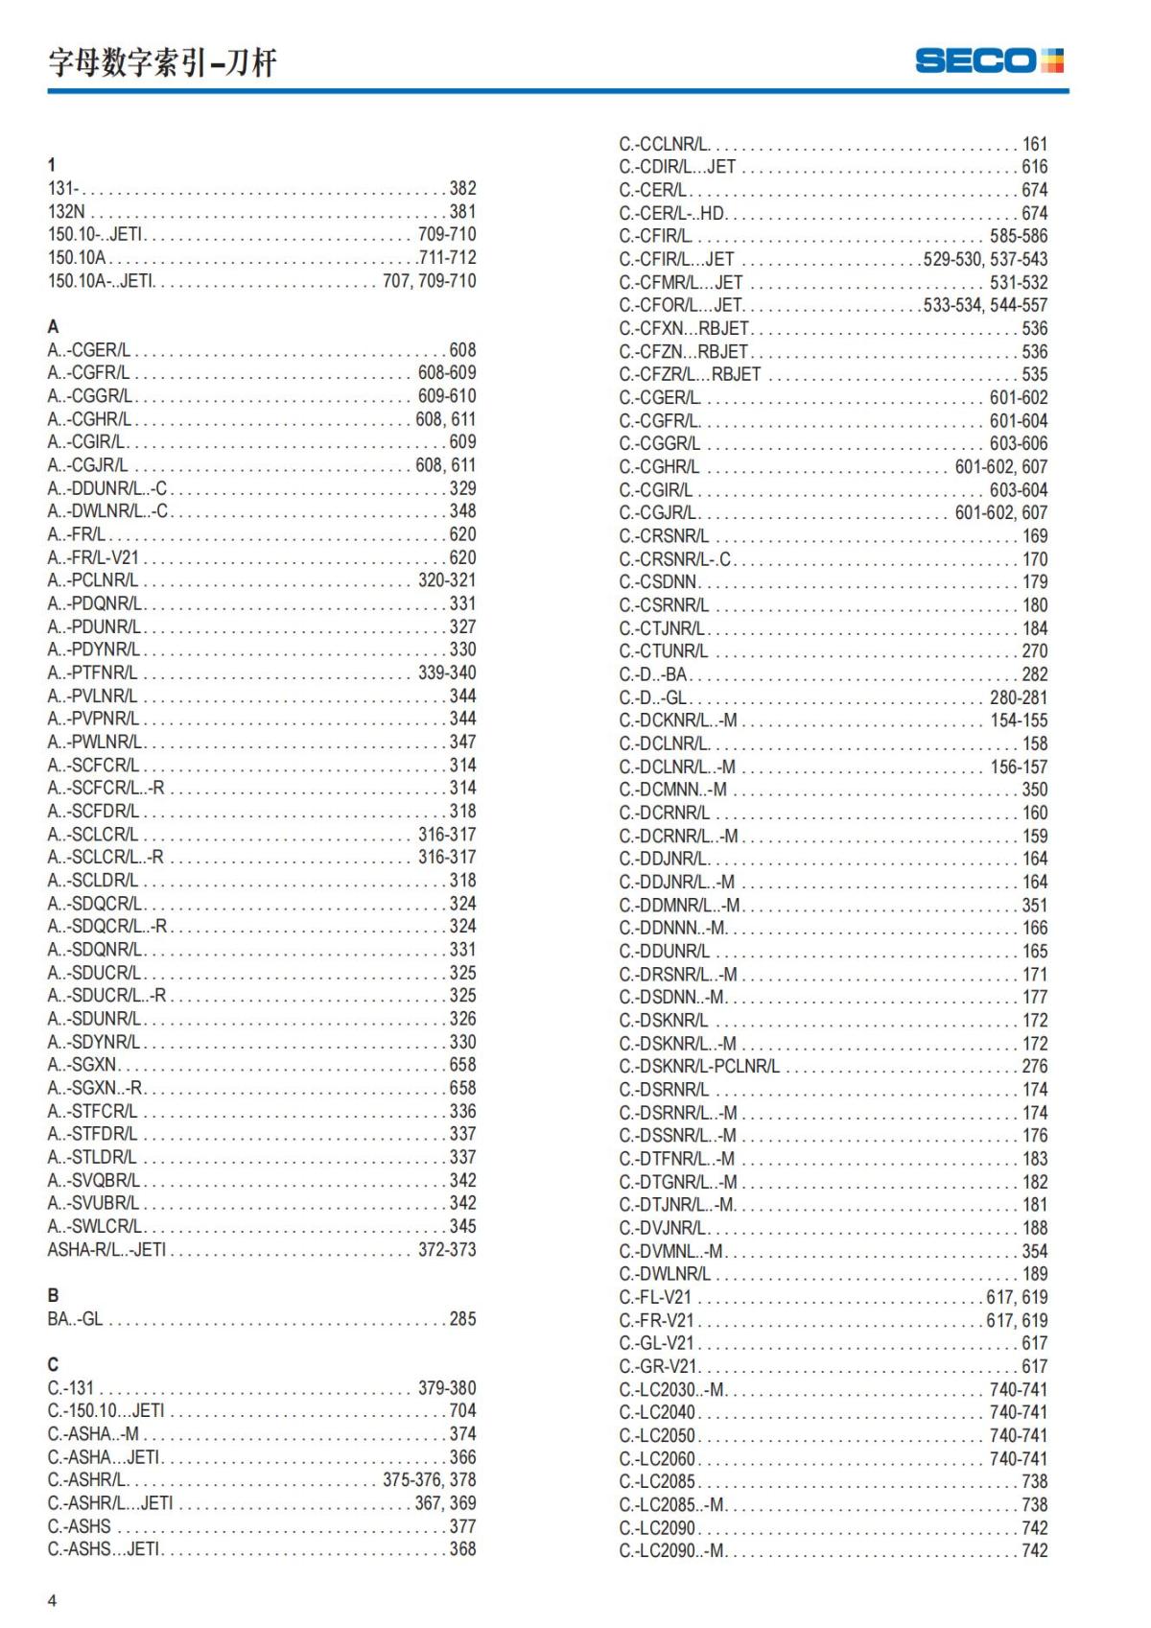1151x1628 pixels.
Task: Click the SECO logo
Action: click(x=989, y=61)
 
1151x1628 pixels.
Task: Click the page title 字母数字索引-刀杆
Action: click(x=162, y=63)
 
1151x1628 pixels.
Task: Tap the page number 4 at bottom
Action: click(x=53, y=1600)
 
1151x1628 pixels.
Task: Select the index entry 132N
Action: click(x=66, y=212)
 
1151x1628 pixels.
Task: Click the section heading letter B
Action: click(x=53, y=1295)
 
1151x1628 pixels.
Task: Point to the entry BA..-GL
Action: click(x=75, y=1319)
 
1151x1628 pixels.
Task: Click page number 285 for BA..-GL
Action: click(x=462, y=1319)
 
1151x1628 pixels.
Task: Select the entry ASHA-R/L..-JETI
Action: click(x=106, y=1250)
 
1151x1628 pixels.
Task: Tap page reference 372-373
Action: click(x=447, y=1250)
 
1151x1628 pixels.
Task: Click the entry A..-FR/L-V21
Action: click(x=93, y=557)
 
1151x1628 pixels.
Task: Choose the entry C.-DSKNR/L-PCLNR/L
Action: click(x=699, y=1067)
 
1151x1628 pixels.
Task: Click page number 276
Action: click(x=1035, y=1067)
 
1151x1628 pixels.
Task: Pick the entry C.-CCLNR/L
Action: click(x=664, y=145)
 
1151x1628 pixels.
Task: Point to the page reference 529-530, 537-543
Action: click(x=985, y=260)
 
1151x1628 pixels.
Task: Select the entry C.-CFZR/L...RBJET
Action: click(x=690, y=375)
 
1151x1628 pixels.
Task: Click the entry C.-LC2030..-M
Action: click(x=672, y=1390)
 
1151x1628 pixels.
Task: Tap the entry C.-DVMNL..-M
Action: click(x=671, y=1252)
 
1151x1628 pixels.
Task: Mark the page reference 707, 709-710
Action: click(x=429, y=281)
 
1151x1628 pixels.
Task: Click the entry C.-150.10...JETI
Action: click(x=106, y=1411)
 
